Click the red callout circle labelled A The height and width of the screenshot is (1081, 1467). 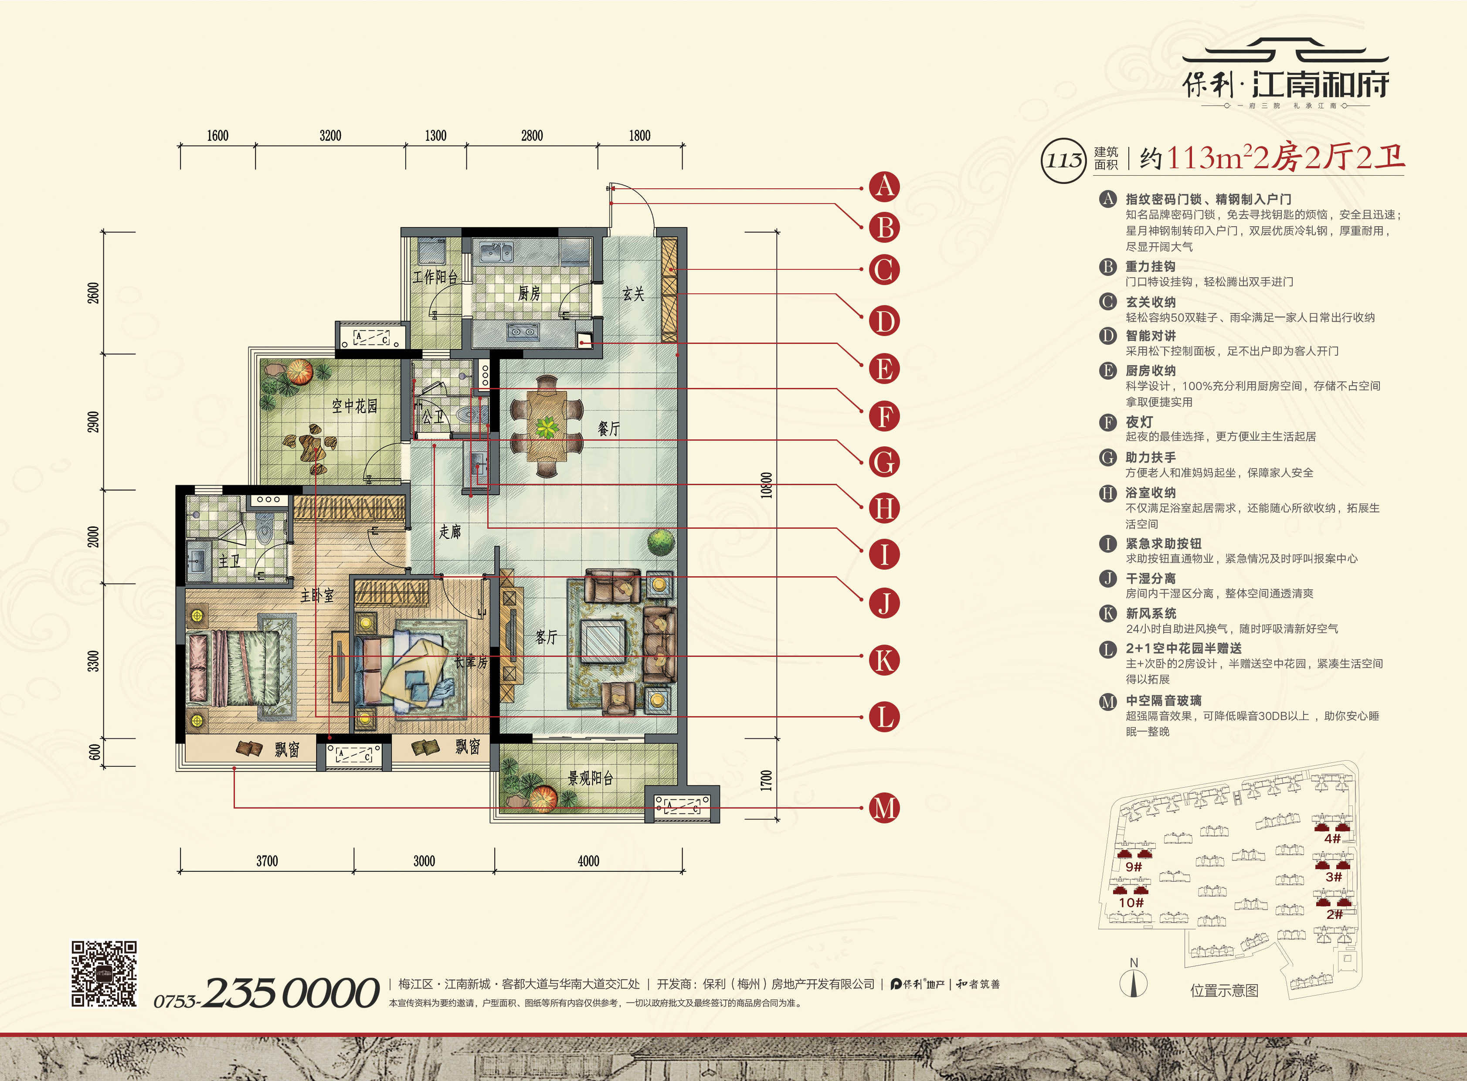884,187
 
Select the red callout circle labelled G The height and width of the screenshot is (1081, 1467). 884,462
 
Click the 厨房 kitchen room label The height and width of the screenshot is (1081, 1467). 529,294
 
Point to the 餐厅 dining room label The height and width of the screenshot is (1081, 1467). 608,428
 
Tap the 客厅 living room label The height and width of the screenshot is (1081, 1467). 547,637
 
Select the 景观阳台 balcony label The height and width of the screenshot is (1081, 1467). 590,778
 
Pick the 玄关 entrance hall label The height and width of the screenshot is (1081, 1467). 633,294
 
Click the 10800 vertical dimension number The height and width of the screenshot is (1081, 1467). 766,486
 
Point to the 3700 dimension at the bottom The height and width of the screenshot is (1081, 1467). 267,861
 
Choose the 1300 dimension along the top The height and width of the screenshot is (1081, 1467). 436,136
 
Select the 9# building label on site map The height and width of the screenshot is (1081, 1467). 1133,867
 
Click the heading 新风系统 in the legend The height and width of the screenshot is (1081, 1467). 1151,613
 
